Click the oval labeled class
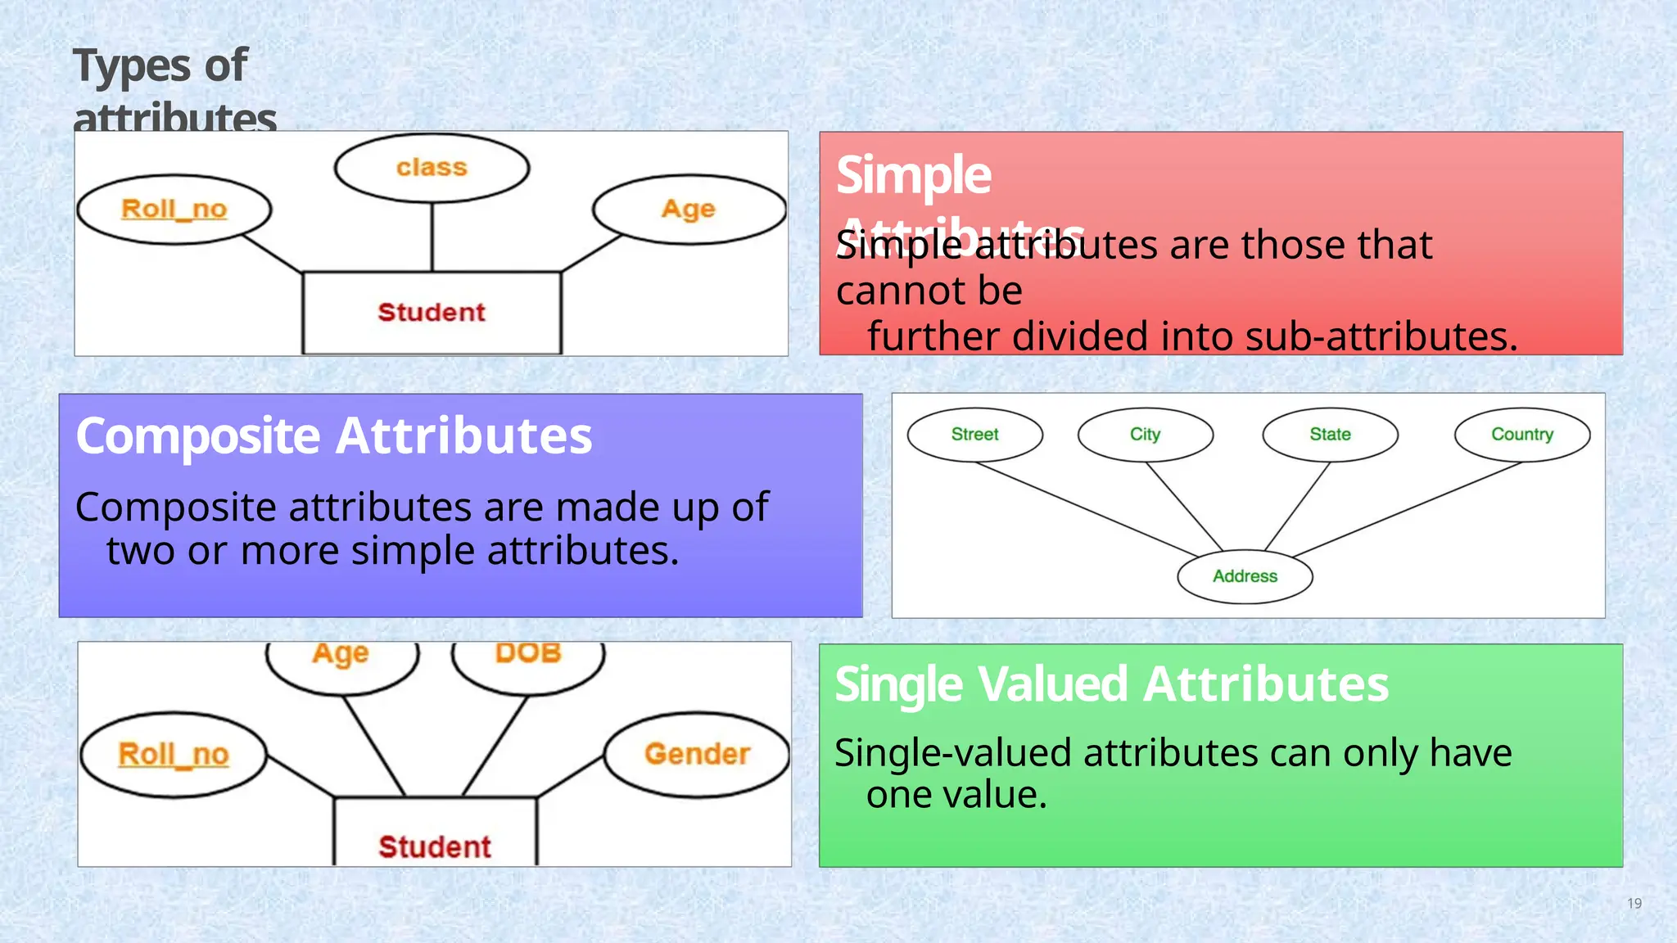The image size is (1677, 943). [x=432, y=168]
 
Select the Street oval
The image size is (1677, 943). [x=974, y=435]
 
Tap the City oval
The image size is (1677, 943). [x=1145, y=435]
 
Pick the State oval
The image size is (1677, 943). [x=1330, y=435]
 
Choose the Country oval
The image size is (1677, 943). [x=1521, y=435]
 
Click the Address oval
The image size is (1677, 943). [x=1245, y=576]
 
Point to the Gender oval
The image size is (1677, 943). [x=697, y=754]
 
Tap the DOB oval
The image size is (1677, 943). [x=528, y=660]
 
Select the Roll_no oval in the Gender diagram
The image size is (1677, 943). [x=174, y=754]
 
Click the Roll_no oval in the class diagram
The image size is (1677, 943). [x=174, y=210]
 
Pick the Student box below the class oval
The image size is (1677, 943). [x=432, y=313]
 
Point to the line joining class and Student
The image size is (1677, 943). [x=432, y=237]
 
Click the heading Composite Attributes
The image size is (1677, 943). [x=333, y=435]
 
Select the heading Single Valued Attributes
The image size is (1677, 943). [x=1111, y=684]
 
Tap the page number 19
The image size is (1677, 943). [x=1634, y=904]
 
